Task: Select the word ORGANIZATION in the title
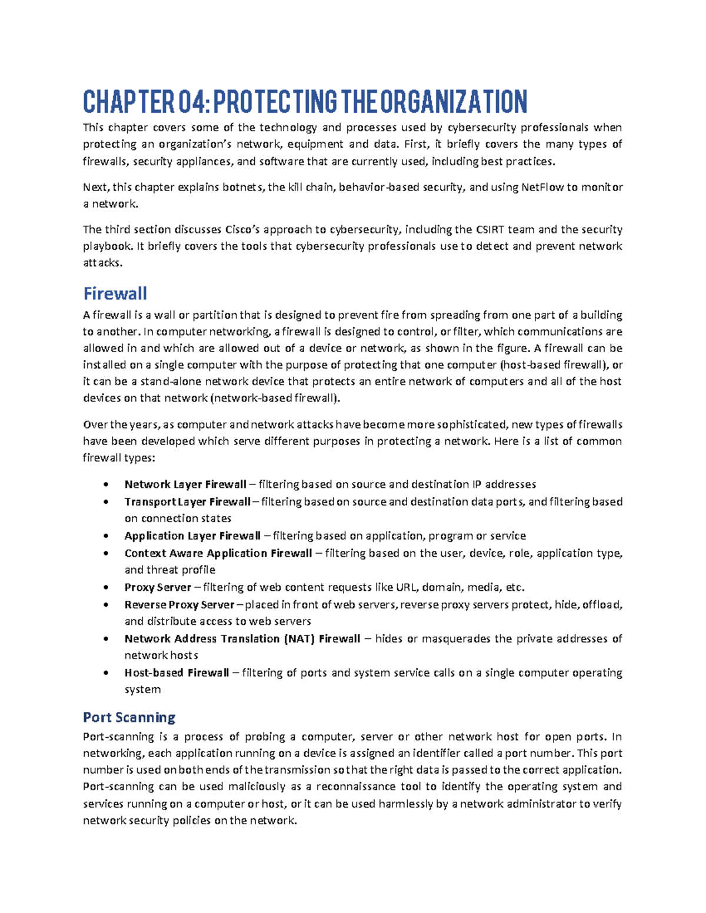point(454,102)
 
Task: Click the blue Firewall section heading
point(115,293)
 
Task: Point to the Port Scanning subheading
point(129,717)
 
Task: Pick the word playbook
point(108,246)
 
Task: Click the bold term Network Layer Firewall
point(185,484)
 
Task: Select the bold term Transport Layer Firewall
point(187,501)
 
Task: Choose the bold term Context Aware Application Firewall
point(218,553)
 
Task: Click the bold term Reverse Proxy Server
point(179,604)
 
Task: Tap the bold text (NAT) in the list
point(299,638)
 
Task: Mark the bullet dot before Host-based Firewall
point(105,673)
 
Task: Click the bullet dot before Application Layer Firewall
point(105,536)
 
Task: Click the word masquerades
point(455,638)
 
